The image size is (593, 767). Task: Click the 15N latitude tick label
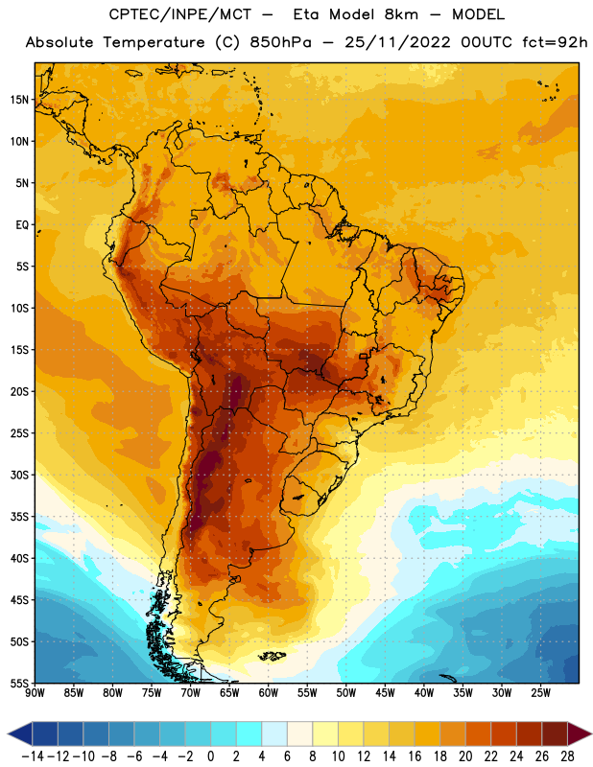(x=19, y=100)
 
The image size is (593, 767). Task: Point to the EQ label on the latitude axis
(x=22, y=225)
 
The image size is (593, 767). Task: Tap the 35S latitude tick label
(x=19, y=517)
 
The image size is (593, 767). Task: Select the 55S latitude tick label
(x=19, y=684)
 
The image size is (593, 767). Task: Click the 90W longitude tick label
(x=36, y=693)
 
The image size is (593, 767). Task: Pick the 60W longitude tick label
(x=269, y=693)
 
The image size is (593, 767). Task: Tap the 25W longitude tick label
(x=540, y=693)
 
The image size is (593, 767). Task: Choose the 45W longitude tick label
(x=385, y=693)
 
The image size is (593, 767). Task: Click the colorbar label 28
(x=567, y=756)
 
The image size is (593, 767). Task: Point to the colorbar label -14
(x=33, y=756)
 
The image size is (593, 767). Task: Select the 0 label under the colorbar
(x=210, y=756)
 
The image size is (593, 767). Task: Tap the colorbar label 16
(x=415, y=756)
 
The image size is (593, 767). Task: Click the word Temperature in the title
(x=154, y=42)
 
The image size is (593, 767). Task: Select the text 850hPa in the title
(x=280, y=42)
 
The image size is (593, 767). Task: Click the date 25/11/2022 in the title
(x=397, y=42)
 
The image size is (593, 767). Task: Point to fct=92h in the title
(x=555, y=42)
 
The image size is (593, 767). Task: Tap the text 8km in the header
(x=401, y=14)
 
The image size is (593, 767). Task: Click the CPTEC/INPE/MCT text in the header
(x=179, y=14)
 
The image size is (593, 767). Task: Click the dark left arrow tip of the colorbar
(x=9, y=734)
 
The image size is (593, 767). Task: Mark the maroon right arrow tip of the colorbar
(x=590, y=734)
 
